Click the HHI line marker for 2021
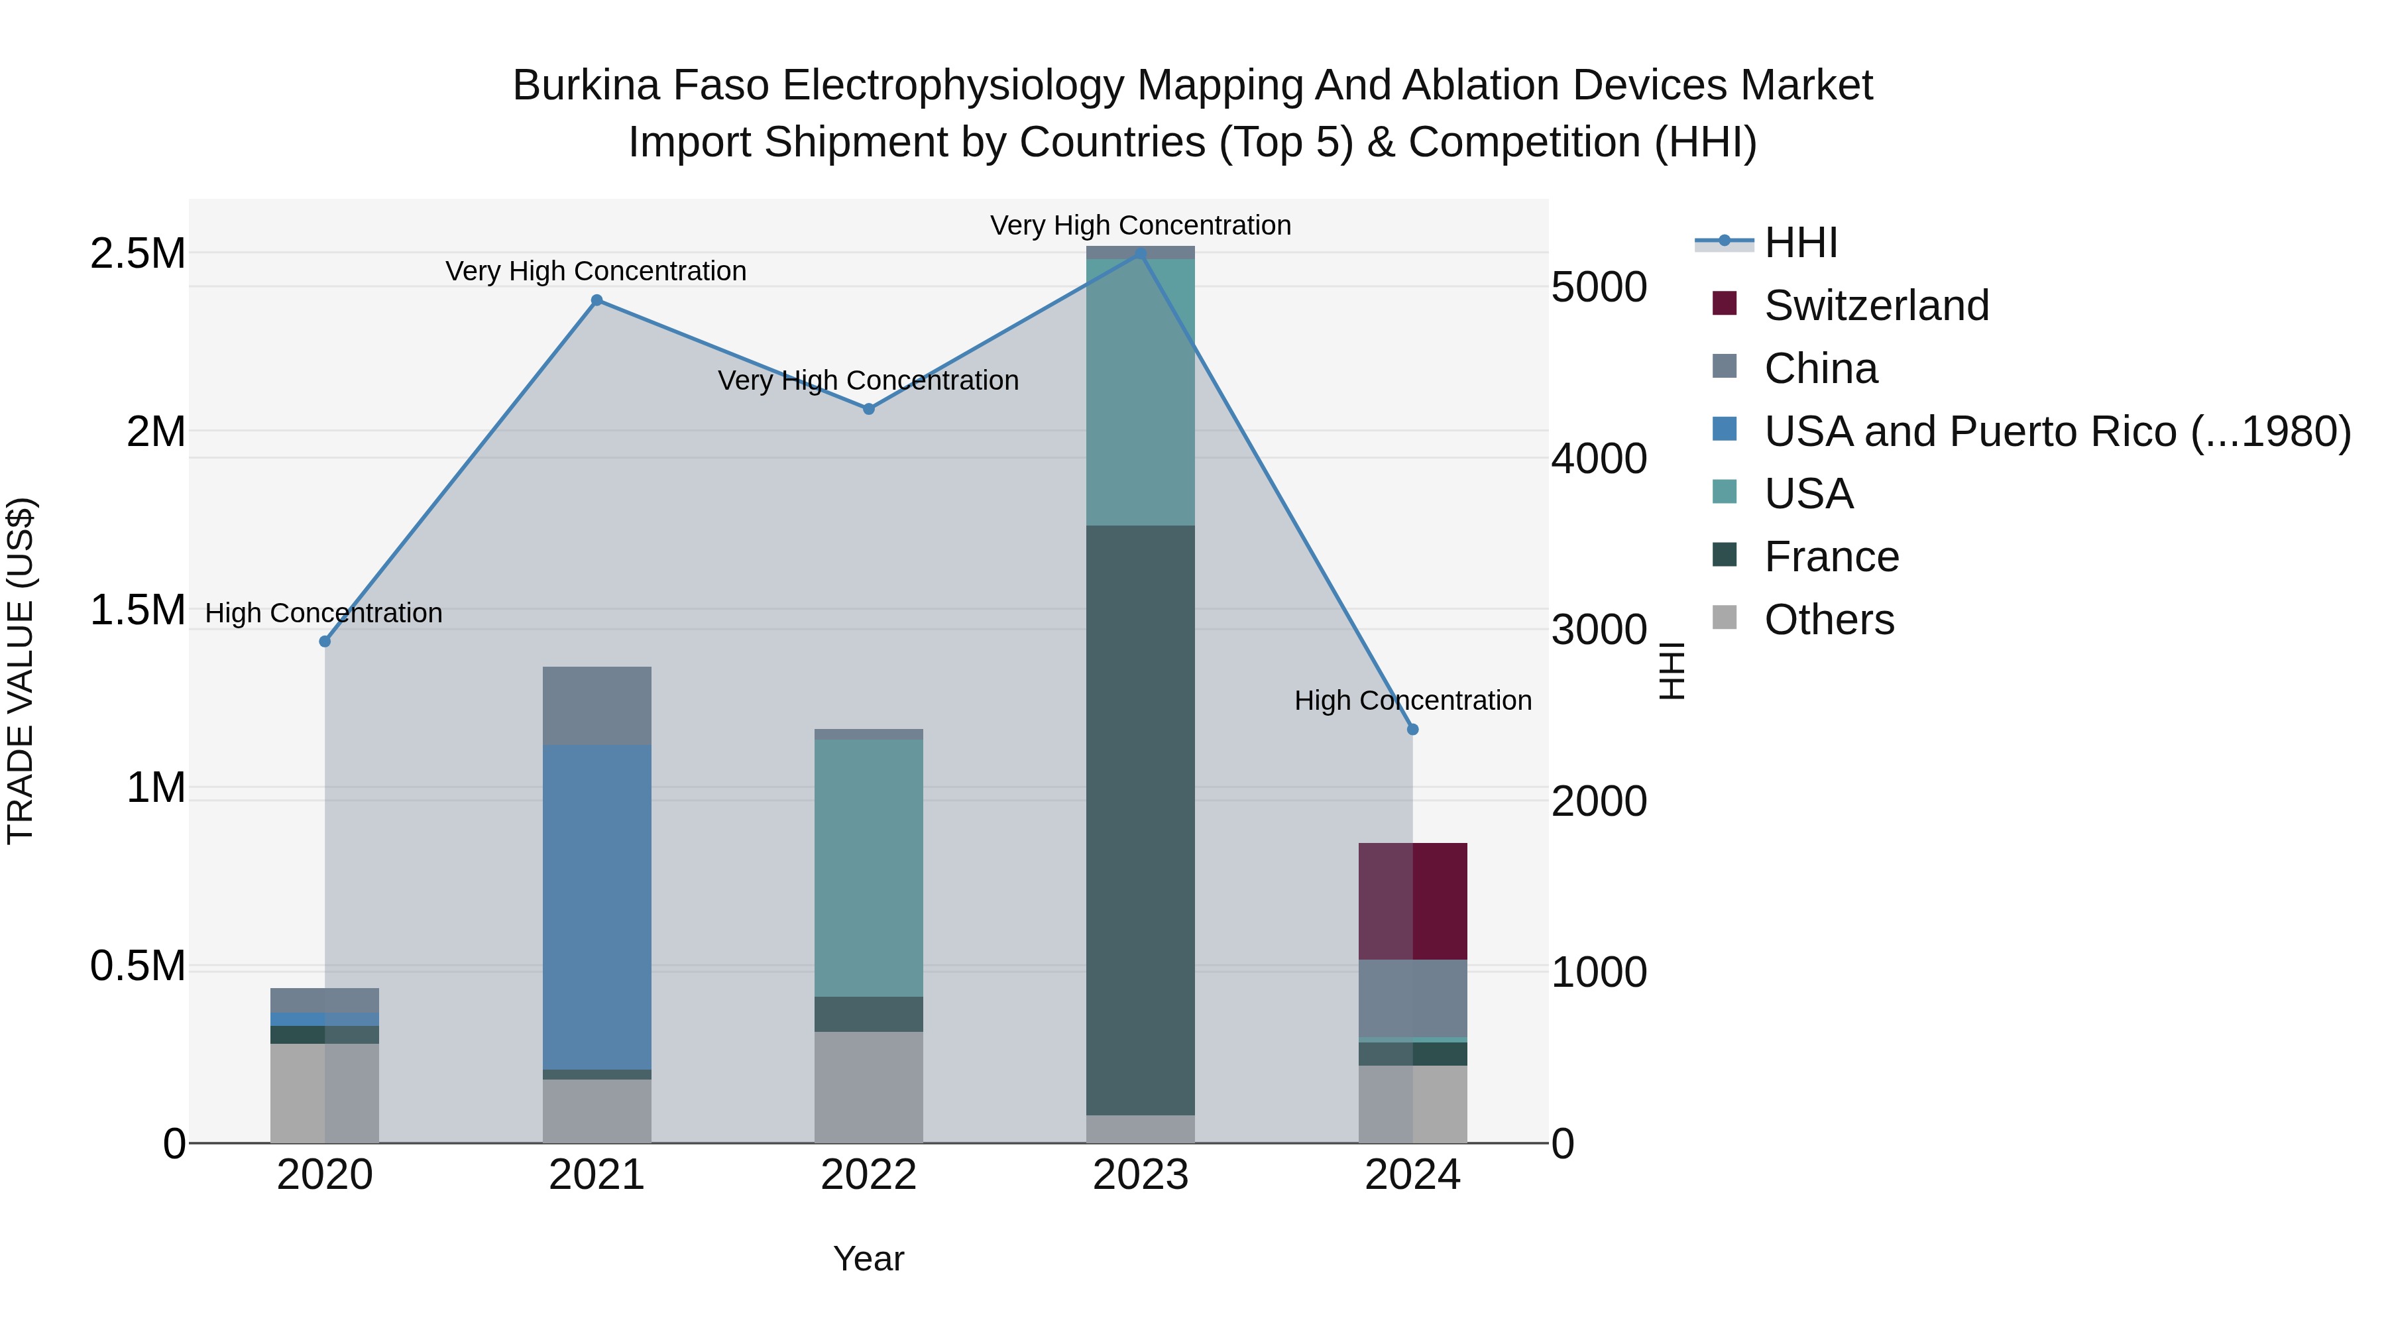click(596, 300)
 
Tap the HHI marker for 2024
click(1412, 730)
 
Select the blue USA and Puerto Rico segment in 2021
click(596, 908)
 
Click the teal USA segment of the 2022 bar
click(869, 867)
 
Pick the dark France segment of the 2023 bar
click(1140, 820)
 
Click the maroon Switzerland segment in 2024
click(1412, 901)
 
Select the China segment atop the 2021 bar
click(596, 706)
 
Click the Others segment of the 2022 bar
click(869, 1088)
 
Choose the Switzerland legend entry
click(1876, 306)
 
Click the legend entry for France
click(1831, 557)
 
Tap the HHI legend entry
click(1799, 243)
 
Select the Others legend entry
click(1829, 620)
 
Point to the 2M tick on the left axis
click(156, 431)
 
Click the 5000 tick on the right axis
click(1599, 287)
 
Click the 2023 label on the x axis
click(1140, 1175)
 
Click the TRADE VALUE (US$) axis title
click(21, 671)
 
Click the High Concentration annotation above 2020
click(323, 613)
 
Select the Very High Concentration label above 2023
click(1140, 225)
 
